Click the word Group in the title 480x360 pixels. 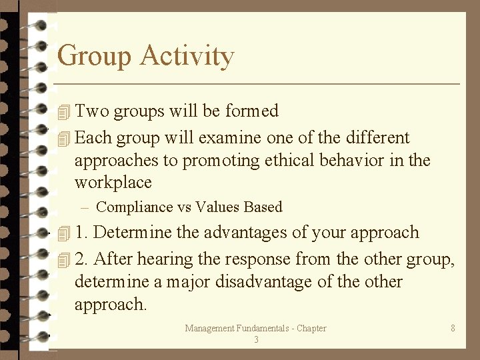(95, 56)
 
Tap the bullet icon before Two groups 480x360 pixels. (64, 111)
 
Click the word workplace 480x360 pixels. (113, 183)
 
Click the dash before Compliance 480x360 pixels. (85, 207)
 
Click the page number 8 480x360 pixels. (453, 328)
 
